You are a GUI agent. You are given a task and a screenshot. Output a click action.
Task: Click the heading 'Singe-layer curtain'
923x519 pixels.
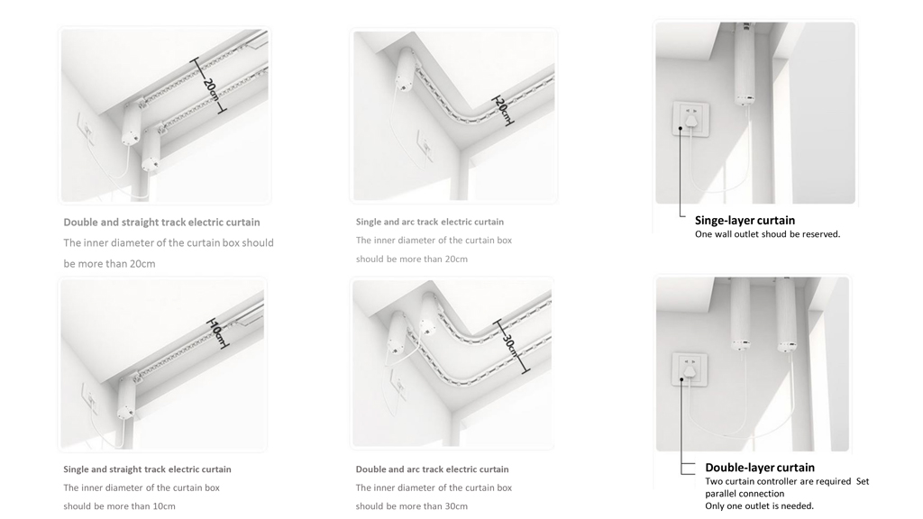coord(745,221)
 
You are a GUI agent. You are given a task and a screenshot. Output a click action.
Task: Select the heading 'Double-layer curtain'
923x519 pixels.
coord(760,468)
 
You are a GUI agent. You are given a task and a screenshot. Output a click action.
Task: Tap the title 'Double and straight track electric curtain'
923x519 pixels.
coord(162,223)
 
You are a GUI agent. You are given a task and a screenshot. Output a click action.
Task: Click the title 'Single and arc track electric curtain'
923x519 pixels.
coord(430,222)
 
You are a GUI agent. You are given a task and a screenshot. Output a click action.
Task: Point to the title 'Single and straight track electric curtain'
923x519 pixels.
coord(147,469)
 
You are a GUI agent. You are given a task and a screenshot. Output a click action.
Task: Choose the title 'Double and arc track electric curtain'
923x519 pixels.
coord(432,469)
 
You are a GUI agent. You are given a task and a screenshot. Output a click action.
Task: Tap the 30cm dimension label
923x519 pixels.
coord(510,345)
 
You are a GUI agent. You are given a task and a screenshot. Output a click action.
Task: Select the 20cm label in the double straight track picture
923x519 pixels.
coord(210,91)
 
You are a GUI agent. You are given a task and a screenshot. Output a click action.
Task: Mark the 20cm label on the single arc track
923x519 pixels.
coord(502,110)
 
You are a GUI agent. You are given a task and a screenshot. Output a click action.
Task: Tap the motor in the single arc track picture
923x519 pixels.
coord(406,70)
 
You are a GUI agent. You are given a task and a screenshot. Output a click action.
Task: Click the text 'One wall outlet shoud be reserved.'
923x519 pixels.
coord(768,234)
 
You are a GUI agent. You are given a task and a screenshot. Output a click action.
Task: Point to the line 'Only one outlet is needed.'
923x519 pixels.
coord(759,506)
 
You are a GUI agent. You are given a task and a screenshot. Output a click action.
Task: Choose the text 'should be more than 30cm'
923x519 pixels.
coord(411,506)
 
